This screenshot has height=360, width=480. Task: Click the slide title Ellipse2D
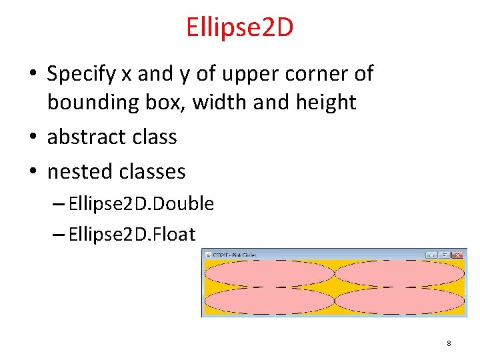click(240, 27)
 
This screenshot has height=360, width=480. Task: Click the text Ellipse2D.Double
click(141, 204)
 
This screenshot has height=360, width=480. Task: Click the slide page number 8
click(449, 343)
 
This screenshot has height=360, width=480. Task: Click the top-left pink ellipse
click(269, 273)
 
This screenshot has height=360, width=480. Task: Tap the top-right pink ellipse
click(399, 273)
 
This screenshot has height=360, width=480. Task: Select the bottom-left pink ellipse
click(269, 301)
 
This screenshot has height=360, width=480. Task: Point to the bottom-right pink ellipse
click(399, 301)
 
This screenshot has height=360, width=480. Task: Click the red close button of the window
click(457, 255)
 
